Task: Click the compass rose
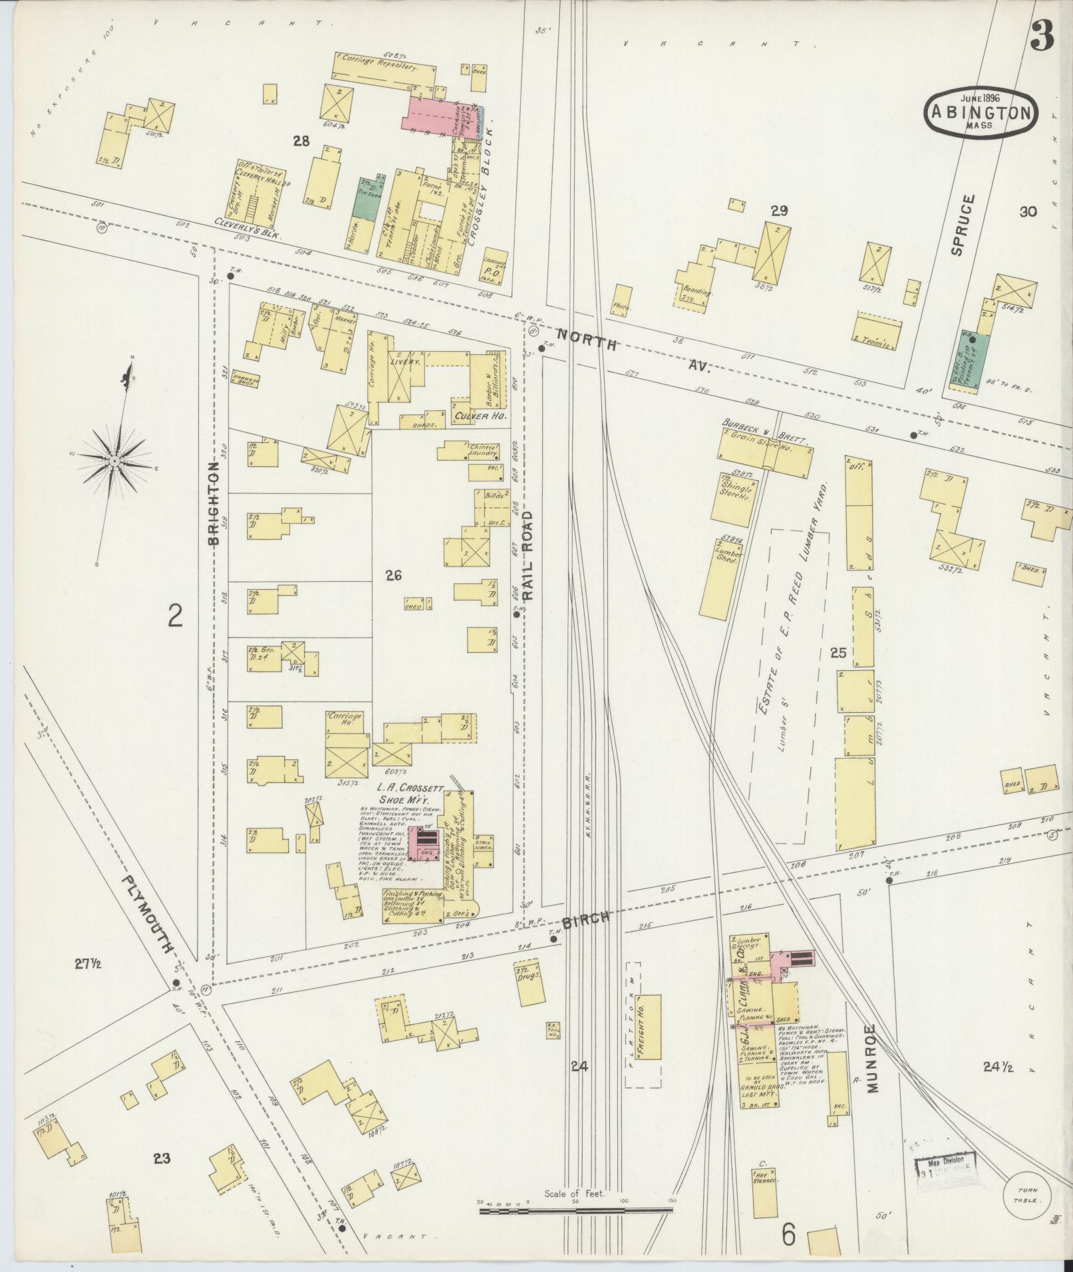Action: click(114, 460)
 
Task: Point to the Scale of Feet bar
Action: click(577, 1210)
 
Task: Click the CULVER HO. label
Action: click(480, 416)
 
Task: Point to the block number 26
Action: click(392, 576)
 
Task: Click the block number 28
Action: click(302, 140)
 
